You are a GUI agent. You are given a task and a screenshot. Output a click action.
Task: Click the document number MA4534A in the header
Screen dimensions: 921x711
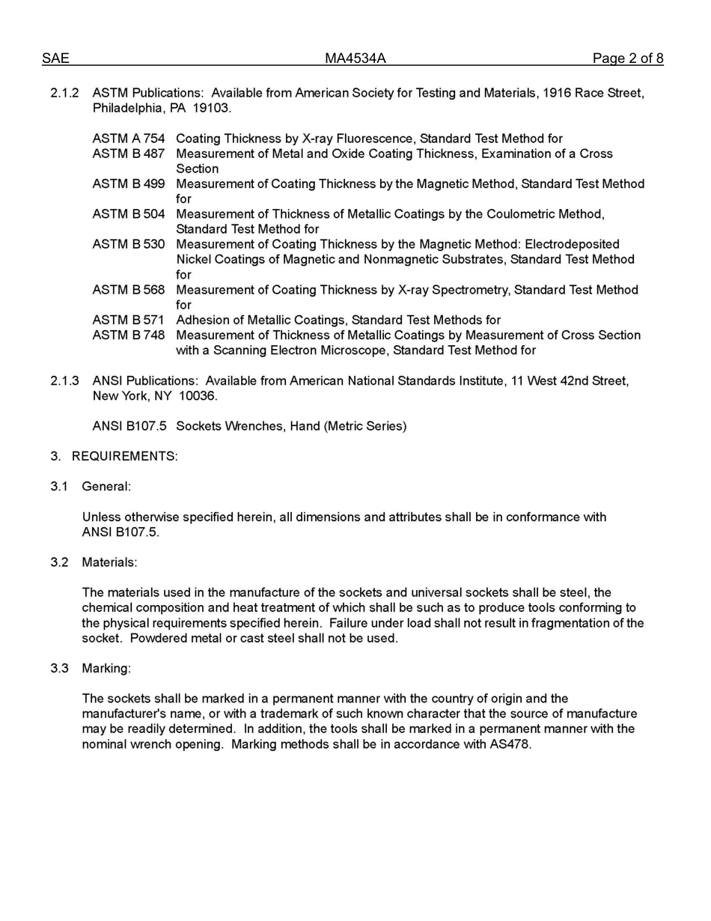coord(355,58)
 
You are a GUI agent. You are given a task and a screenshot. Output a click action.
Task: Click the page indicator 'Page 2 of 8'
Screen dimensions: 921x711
coord(627,58)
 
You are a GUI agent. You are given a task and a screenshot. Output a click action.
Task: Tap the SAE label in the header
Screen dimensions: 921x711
coord(55,58)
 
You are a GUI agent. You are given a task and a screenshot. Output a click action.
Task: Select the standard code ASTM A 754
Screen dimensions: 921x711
coord(128,139)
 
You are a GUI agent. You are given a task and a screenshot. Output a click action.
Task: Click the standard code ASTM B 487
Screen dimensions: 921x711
coord(128,153)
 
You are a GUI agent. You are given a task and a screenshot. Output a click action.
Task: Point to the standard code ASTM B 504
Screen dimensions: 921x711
coord(128,214)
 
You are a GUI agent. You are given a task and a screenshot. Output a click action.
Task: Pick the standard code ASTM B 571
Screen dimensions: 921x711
coord(128,320)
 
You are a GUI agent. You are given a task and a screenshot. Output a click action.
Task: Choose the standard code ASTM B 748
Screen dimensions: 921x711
coord(128,335)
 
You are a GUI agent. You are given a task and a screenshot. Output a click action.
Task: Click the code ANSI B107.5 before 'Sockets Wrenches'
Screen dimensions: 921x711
coord(129,426)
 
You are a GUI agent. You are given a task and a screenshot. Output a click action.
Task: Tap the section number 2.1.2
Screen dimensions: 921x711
coord(64,93)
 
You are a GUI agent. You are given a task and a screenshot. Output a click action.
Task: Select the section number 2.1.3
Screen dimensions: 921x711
coord(64,381)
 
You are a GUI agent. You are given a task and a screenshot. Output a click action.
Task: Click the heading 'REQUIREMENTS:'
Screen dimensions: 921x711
coord(124,456)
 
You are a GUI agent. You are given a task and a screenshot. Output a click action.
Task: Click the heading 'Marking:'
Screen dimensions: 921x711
coord(106,668)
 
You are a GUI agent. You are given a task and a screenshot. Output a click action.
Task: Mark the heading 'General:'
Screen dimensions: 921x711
coord(106,487)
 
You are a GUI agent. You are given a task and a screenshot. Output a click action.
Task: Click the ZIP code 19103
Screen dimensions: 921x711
coord(211,108)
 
